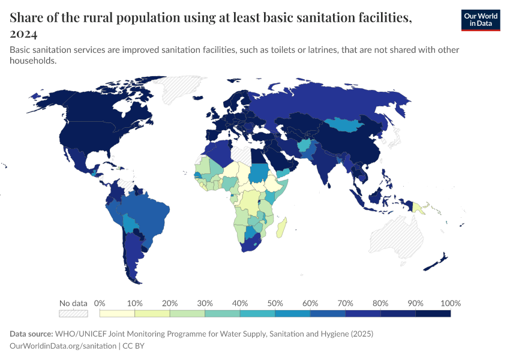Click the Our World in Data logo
click(480, 20)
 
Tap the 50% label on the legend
click(275, 303)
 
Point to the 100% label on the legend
click(450, 303)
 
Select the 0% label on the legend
click(100, 303)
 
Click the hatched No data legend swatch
click(73, 313)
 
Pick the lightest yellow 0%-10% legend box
click(117, 313)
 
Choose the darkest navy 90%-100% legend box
click(433, 313)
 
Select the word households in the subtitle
click(33, 61)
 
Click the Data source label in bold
click(31, 334)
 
